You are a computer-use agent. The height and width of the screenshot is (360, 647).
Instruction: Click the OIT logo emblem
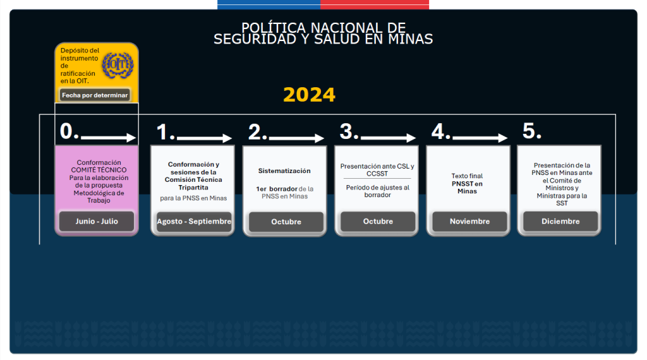click(118, 65)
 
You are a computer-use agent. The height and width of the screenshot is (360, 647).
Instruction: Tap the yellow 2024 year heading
click(309, 95)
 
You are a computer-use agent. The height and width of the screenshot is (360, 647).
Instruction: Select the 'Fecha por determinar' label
click(95, 95)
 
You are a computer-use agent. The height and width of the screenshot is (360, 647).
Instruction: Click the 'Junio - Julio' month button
click(97, 222)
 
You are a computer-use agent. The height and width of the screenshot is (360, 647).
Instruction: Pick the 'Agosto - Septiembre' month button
click(194, 222)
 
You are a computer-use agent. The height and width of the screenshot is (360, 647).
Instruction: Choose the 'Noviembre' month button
click(469, 222)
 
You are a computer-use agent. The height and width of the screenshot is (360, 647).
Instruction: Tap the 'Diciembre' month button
click(560, 222)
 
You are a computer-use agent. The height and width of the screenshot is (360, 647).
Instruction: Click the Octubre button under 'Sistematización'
click(286, 222)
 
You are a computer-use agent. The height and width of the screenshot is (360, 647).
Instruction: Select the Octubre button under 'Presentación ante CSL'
click(378, 222)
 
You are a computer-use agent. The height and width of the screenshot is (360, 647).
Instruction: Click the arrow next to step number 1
click(204, 138)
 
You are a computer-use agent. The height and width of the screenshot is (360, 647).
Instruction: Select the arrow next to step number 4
click(480, 138)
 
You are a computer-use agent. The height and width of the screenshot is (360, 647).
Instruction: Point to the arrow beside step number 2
click(296, 138)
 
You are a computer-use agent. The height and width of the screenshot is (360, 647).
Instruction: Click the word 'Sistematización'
click(284, 171)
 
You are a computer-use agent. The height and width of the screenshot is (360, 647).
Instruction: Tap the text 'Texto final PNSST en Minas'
click(467, 184)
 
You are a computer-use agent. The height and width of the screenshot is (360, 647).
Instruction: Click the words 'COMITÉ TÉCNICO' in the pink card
click(99, 170)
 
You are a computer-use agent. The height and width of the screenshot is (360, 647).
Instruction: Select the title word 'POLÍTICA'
click(274, 28)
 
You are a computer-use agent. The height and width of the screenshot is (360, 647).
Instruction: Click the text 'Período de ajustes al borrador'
click(378, 191)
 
